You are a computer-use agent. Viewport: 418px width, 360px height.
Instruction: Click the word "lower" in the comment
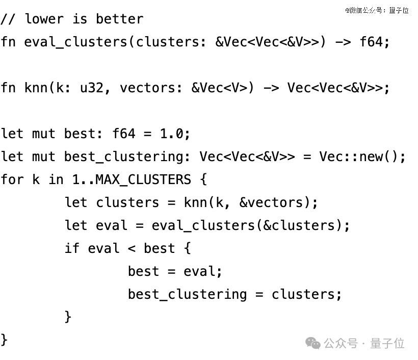tap(44, 19)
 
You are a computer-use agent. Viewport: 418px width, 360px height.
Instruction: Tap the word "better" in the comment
tap(120, 19)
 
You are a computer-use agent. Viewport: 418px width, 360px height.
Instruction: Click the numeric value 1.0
tap(171, 134)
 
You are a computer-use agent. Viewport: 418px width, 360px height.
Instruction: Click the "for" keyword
tap(12, 179)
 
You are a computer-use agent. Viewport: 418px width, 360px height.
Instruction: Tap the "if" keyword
tap(72, 248)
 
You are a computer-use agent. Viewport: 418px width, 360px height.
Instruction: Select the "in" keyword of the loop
tap(56, 179)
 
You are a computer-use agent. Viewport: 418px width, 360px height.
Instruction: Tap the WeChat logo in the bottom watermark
tap(313, 343)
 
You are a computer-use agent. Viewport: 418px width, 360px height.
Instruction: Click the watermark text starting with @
tap(377, 10)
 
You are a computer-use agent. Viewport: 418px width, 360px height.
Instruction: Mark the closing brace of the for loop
tap(5, 339)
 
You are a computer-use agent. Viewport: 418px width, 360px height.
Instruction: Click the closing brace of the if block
tap(68, 316)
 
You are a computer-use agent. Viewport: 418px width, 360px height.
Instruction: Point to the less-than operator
tap(132, 248)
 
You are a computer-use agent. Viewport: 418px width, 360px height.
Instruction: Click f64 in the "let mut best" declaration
tap(124, 134)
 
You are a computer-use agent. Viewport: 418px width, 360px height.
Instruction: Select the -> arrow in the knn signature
tap(271, 88)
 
